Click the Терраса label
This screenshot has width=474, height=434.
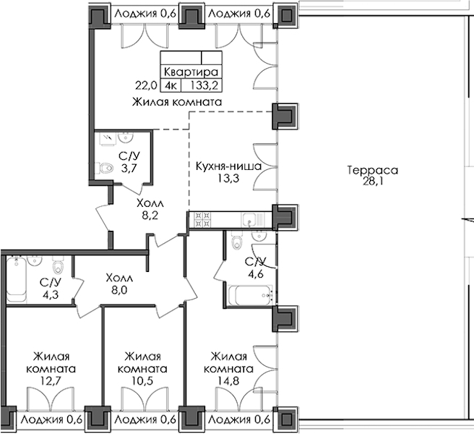click(x=372, y=170)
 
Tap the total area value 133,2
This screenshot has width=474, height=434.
click(x=204, y=86)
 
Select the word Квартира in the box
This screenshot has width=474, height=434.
click(x=191, y=72)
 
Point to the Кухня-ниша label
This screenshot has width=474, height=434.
click(x=228, y=166)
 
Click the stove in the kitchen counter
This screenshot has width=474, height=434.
click(x=203, y=220)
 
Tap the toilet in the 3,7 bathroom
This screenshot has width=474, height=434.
click(x=104, y=168)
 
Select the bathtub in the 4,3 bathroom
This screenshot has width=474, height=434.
click(x=17, y=279)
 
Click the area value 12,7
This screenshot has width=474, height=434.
click(x=51, y=380)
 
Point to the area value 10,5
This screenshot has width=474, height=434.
click(x=142, y=380)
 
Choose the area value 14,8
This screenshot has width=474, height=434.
click(x=228, y=380)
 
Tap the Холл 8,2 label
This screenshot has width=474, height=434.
click(x=150, y=209)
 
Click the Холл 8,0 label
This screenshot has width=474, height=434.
click(x=119, y=284)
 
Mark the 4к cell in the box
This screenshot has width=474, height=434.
click(x=171, y=86)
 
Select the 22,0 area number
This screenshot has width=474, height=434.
click(x=146, y=86)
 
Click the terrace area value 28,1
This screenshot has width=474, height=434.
click(x=372, y=182)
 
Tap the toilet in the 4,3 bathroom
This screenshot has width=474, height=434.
click(x=57, y=265)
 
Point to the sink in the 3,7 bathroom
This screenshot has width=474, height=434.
click(x=124, y=138)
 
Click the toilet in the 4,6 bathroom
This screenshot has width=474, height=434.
click(x=237, y=239)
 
